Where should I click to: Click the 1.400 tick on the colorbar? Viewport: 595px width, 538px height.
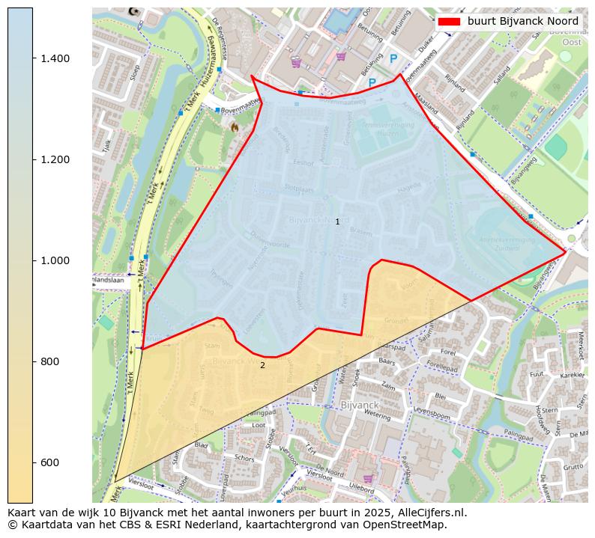(33, 58)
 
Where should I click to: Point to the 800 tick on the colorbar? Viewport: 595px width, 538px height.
(33, 361)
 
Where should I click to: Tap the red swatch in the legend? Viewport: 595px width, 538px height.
(450, 22)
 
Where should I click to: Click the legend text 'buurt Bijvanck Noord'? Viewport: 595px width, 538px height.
(522, 22)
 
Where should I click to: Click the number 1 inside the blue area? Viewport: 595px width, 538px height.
(337, 221)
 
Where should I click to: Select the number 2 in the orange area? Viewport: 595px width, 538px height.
(262, 365)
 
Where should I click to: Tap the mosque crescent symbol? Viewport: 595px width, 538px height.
(134, 11)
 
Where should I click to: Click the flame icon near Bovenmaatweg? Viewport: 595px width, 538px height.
(235, 127)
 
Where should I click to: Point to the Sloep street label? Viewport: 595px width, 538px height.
(135, 71)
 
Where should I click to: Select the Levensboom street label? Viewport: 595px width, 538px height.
(431, 411)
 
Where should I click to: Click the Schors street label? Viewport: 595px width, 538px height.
(244, 458)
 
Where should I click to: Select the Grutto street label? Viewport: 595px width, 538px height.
(573, 467)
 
